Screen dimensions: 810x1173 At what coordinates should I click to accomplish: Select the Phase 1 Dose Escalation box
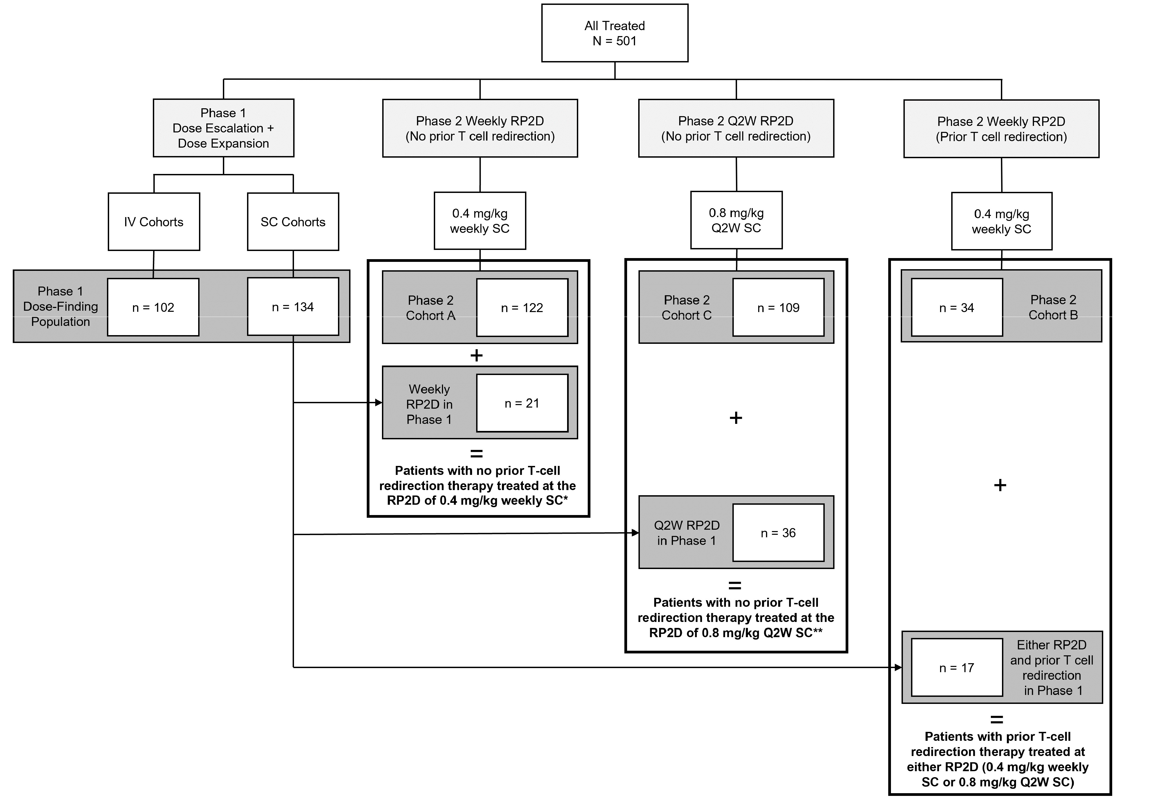coord(223,128)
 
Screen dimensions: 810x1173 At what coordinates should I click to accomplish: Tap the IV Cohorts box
coord(154,222)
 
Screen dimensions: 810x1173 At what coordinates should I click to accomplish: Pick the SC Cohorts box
coord(293,222)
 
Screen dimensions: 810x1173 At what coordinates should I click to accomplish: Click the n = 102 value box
coord(153,307)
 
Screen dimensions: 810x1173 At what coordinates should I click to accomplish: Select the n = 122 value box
coord(522,307)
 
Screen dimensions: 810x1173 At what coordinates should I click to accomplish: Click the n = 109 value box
coord(778,307)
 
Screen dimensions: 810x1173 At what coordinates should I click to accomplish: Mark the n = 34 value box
coord(957,307)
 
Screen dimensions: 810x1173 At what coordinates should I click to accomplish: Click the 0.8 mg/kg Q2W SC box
coord(736,220)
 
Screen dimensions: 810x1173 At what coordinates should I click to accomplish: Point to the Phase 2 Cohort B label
coord(1053,307)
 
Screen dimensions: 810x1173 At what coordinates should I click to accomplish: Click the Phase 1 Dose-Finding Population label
coord(61,307)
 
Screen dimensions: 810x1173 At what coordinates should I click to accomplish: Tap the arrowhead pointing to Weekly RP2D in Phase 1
coord(379,402)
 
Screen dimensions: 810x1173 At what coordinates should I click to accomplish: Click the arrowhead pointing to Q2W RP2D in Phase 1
coord(635,533)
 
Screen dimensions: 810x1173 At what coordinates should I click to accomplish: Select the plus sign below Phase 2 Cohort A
coord(476,355)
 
